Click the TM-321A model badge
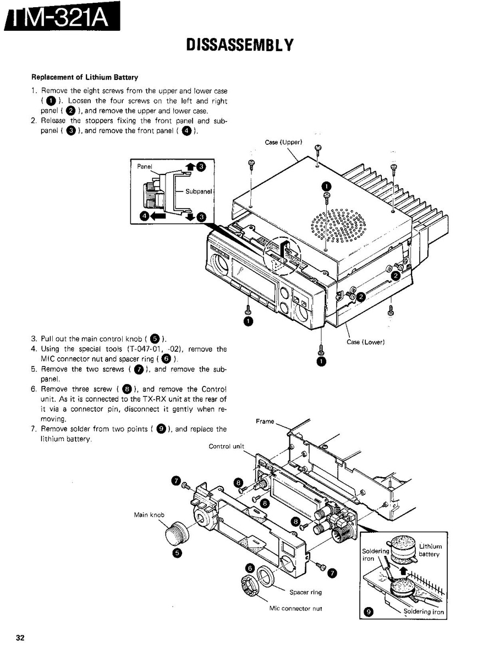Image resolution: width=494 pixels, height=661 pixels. pos(61,21)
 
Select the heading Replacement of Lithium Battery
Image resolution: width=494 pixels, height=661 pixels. pos(84,77)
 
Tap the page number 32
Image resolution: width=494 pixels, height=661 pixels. pos(20,638)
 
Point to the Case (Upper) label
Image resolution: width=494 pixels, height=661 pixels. pos(283,142)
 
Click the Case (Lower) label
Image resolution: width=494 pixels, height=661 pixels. pos(365,342)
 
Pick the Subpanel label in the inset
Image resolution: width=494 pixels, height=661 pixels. pos(198,192)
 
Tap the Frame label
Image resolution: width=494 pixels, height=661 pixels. pos(265,421)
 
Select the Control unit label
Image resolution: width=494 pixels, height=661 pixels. pos(226,446)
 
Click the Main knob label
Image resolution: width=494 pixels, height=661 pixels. pos(149,515)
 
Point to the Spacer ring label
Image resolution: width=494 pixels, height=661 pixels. pos(305,592)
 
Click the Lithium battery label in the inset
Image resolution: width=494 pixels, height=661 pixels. pos(430,550)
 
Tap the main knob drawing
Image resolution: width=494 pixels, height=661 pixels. pos(175,534)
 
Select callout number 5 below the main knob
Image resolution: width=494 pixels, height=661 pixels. pos(177,553)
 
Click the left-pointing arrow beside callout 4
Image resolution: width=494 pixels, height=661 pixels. pos(158,217)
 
